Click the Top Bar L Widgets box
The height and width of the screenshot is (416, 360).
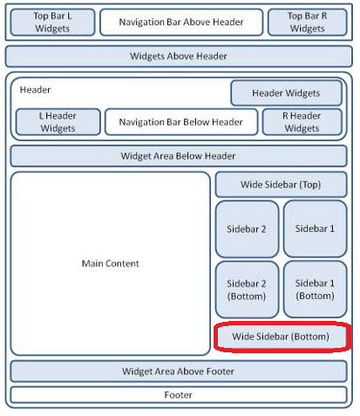tap(52, 22)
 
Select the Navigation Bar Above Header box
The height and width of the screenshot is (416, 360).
tap(181, 22)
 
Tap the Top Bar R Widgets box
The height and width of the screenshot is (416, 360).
tap(308, 22)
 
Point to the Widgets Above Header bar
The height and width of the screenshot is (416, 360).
tap(179, 56)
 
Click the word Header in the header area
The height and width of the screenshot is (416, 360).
tap(35, 90)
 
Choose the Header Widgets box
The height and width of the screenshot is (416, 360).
tap(287, 93)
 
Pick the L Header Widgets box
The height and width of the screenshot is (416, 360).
tap(58, 122)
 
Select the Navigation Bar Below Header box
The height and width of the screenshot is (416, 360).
tap(181, 122)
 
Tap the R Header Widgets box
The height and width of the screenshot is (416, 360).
tap(302, 122)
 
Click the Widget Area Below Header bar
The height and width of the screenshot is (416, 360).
tap(179, 156)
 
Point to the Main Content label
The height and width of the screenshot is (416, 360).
tap(111, 263)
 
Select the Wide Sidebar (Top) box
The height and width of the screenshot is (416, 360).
tap(281, 185)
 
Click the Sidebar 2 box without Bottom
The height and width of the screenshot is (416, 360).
tap(247, 229)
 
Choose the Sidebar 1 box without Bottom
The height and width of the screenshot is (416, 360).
tap(316, 228)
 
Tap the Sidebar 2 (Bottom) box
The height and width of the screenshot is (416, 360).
tap(247, 290)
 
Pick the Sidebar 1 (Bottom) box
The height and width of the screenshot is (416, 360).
tap(316, 290)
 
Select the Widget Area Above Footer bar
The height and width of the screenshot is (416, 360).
tap(179, 372)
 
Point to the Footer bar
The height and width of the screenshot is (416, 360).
tap(179, 395)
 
